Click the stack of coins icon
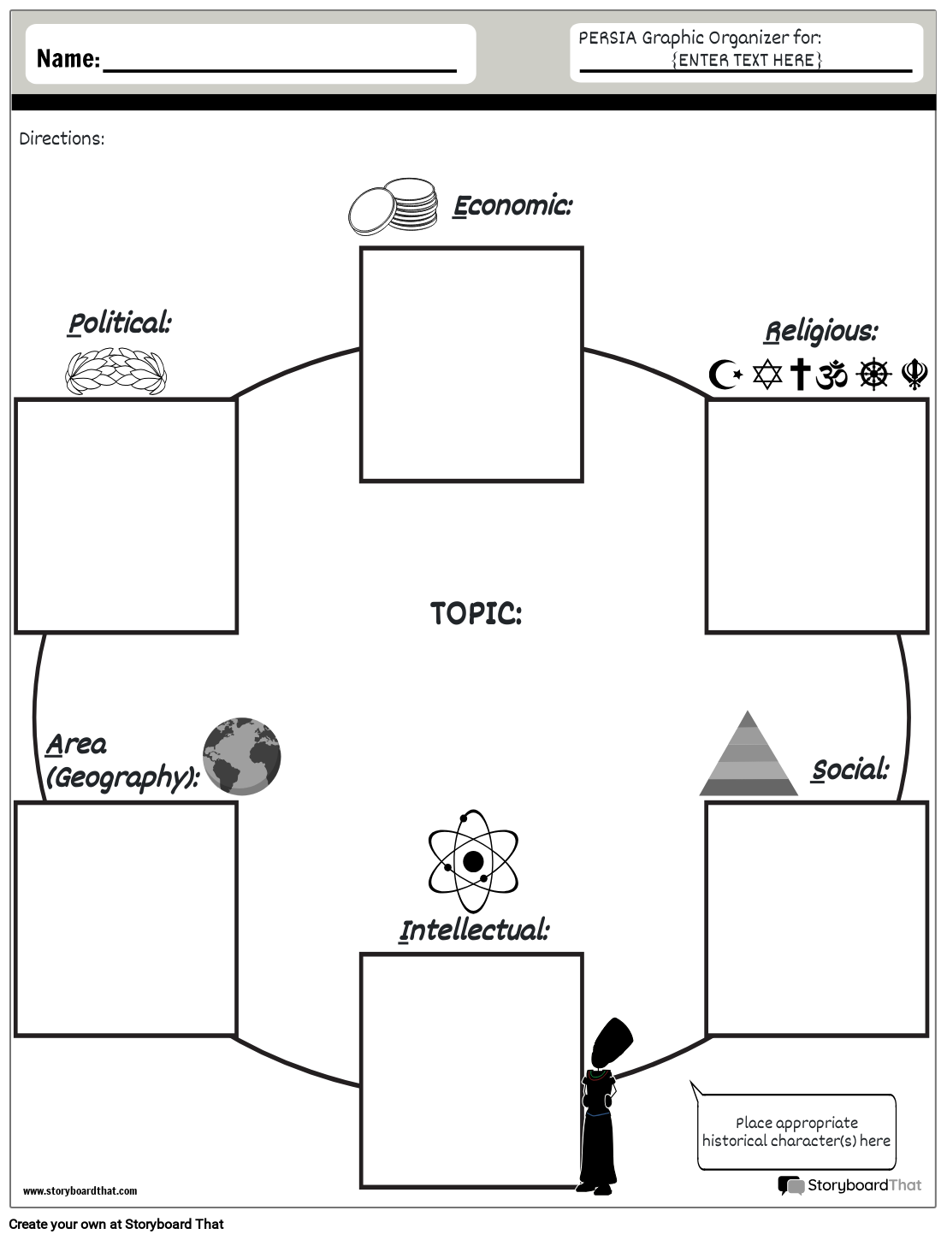[393, 206]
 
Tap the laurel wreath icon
[116, 371]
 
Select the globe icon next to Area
[242, 757]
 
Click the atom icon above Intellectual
[473, 860]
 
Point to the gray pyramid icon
[749, 754]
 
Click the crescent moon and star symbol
[725, 375]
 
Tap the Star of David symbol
[767, 375]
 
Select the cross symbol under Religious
[800, 375]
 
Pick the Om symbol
[832, 375]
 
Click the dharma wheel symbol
[873, 375]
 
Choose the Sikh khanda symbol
[914, 375]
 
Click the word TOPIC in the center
[476, 613]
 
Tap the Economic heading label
[512, 205]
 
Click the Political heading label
[120, 323]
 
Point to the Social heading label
[849, 770]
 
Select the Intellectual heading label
[474, 930]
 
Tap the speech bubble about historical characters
[796, 1131]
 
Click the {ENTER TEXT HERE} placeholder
[747, 60]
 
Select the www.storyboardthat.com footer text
[80, 1190]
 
